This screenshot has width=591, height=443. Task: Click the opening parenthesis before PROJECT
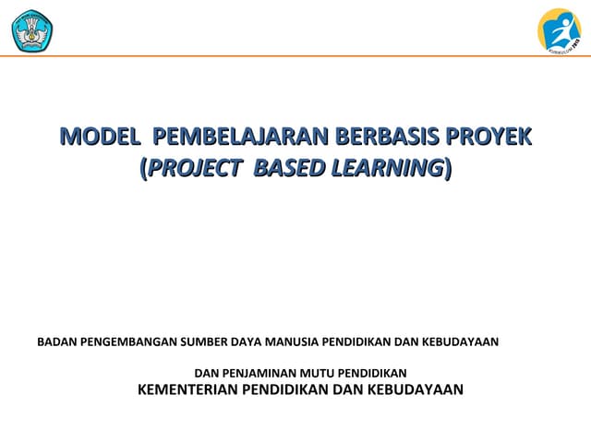coord(142,169)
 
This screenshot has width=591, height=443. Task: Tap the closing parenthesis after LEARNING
coord(448,169)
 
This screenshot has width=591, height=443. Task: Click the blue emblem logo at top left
coord(32,30)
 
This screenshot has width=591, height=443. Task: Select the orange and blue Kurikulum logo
coord(560,30)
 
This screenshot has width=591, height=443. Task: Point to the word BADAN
coord(56,341)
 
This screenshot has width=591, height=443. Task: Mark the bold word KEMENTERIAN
coord(187,389)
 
